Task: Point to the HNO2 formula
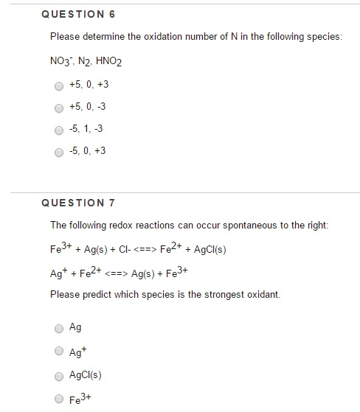tap(105, 62)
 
